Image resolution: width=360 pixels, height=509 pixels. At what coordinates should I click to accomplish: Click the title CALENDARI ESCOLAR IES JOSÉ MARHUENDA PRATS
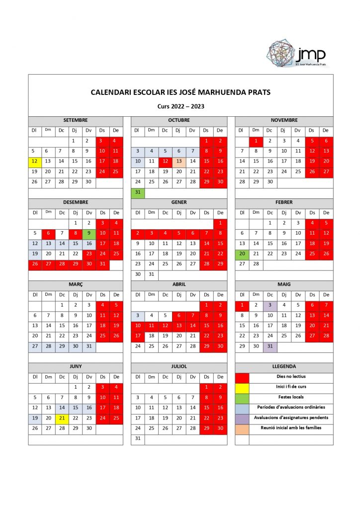click(180, 92)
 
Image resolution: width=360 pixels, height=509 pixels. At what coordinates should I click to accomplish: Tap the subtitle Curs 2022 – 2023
click(180, 106)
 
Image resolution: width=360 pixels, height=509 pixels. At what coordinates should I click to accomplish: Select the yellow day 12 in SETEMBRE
click(35, 161)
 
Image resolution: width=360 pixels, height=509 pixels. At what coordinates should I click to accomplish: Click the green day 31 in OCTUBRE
click(138, 192)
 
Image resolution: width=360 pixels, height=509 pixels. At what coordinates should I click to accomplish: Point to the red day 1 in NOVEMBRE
click(256, 141)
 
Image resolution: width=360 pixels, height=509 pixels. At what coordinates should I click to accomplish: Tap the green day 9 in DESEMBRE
click(89, 233)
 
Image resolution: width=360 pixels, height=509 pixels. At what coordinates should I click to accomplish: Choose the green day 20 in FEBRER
click(242, 254)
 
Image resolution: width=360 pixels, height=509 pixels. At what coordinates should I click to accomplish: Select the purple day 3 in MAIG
click(270, 305)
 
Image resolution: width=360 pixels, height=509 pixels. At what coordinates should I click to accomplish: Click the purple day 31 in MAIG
click(270, 346)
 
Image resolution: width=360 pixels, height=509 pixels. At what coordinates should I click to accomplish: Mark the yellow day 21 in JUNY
click(62, 418)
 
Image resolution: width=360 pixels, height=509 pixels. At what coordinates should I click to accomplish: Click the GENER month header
click(179, 202)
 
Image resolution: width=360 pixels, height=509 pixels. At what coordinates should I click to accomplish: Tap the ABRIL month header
click(179, 284)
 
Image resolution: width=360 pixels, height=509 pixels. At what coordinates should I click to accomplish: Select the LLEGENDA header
click(284, 366)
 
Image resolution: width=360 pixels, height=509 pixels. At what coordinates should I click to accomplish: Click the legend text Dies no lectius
click(291, 377)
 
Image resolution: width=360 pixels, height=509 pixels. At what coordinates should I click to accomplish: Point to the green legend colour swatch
click(242, 397)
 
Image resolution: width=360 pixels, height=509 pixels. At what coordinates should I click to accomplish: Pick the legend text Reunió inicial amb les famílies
click(291, 428)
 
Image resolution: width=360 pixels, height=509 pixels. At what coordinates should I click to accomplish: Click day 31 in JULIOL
click(138, 438)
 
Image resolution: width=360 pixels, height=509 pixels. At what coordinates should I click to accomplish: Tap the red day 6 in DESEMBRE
click(48, 233)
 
